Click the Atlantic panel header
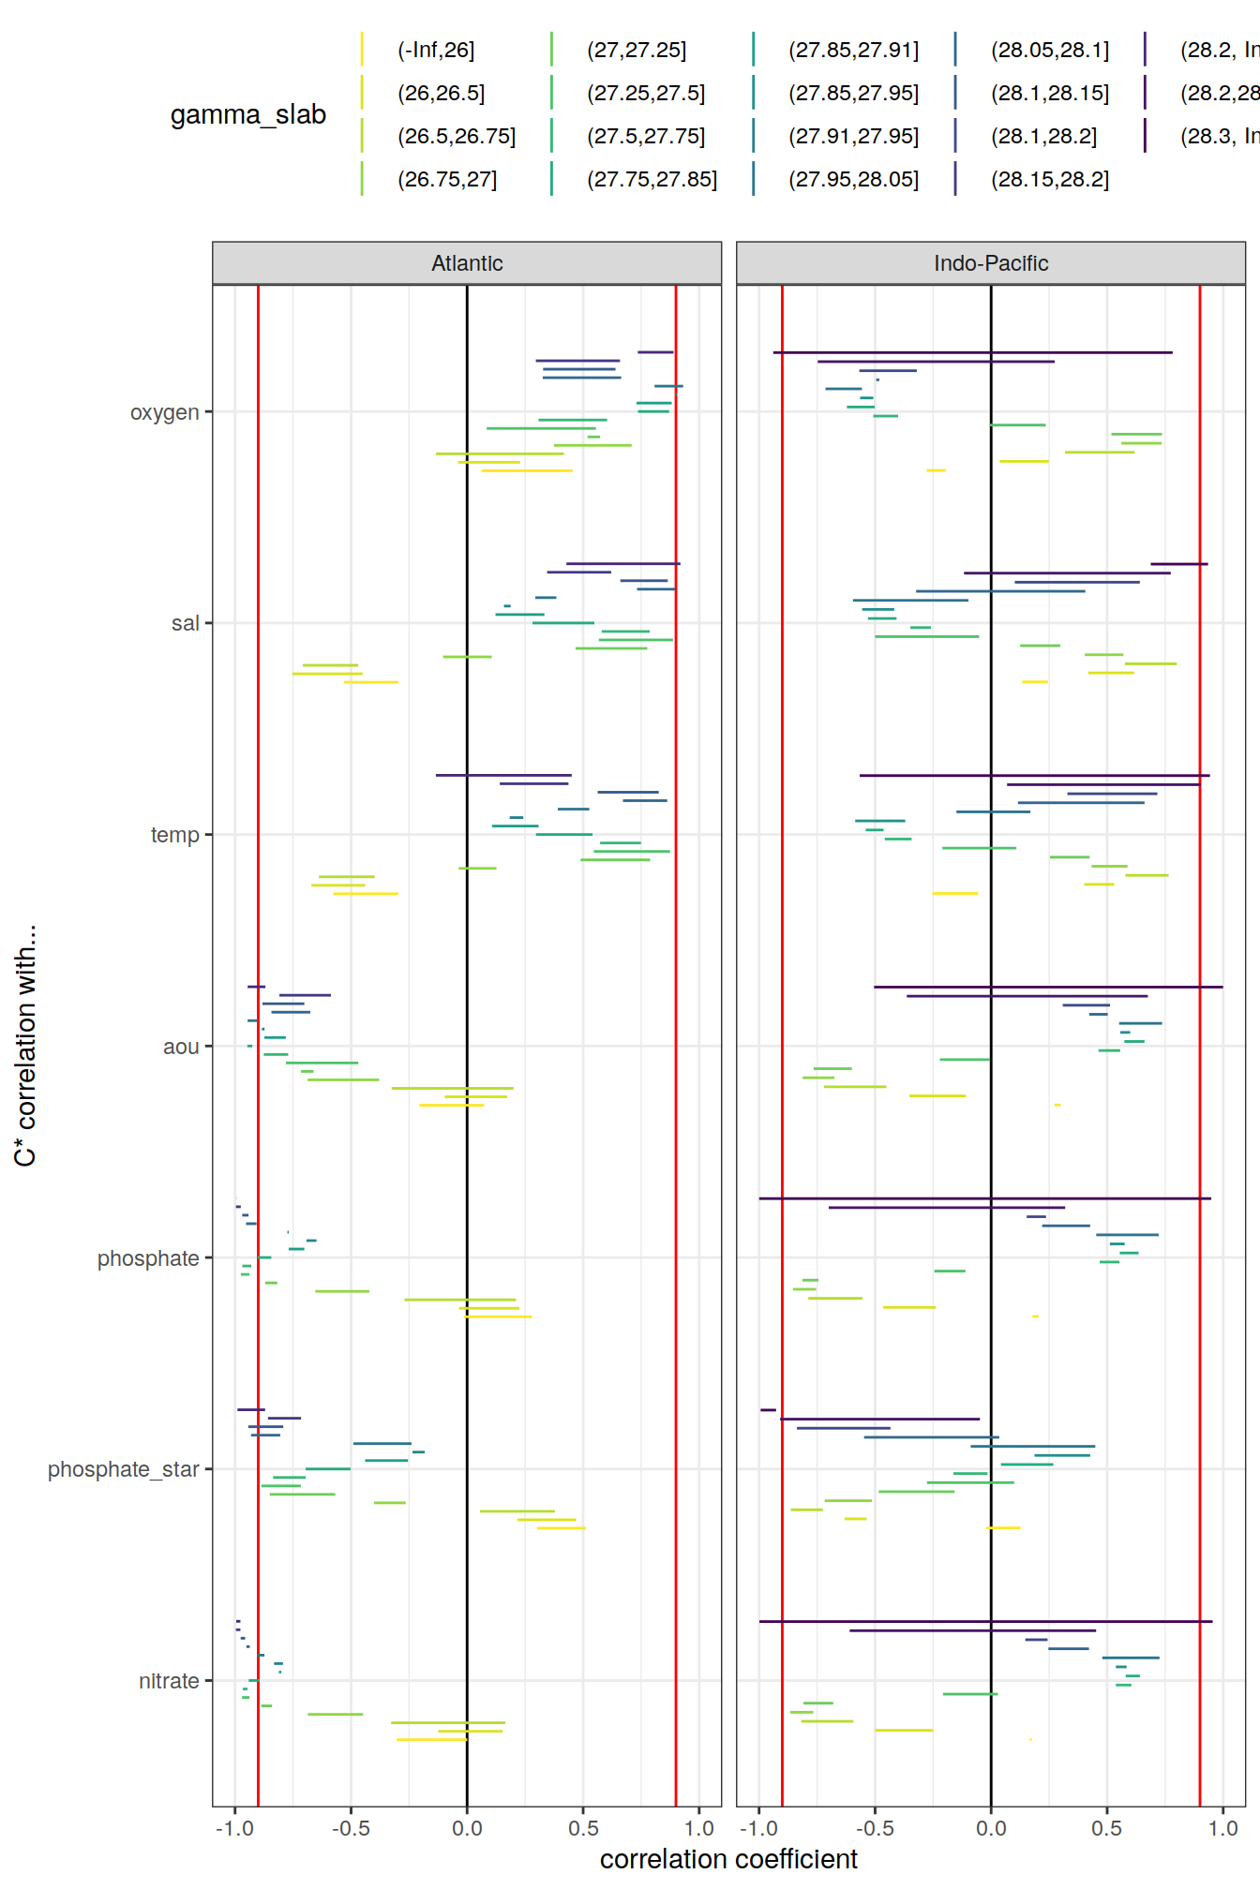coord(467,263)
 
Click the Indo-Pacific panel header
coord(990,263)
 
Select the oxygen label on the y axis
coord(165,412)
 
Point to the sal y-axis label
coord(185,623)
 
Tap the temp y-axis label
coord(175,835)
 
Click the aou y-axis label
coord(181,1047)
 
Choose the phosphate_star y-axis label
coord(124,1469)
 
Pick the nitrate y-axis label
coord(169,1681)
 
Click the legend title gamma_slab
coord(248,114)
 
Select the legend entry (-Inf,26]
coord(436,50)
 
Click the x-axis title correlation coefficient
coord(728,1859)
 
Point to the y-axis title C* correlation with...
coord(25,1046)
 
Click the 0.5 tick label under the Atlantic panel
coord(583,1828)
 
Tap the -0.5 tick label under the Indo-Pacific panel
coord(875,1828)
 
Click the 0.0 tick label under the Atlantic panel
coord(467,1828)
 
